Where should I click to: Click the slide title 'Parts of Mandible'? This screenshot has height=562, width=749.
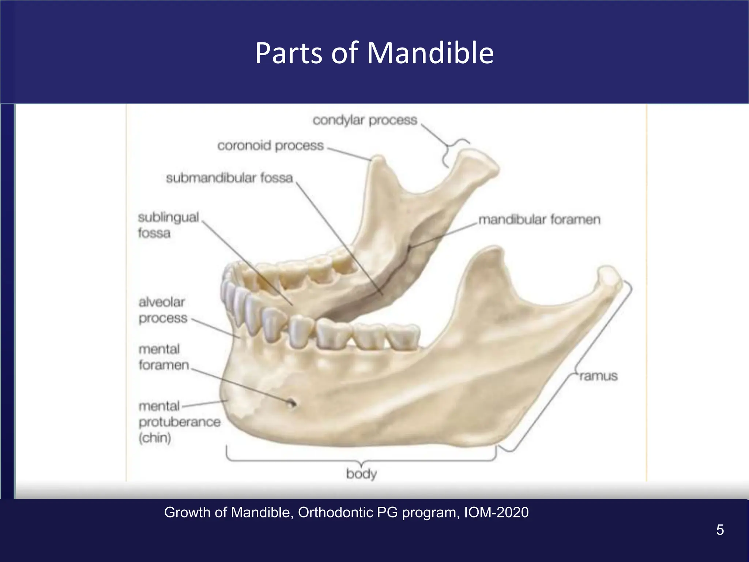point(374,53)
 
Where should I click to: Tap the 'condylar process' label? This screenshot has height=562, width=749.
point(365,120)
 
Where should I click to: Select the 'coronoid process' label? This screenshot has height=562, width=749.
point(270,146)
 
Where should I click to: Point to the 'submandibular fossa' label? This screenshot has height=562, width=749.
point(229,178)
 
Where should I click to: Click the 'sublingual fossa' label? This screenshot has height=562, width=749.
point(168,225)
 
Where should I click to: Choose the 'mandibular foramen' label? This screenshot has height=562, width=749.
point(539,220)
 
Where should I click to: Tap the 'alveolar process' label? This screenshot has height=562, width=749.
point(162,310)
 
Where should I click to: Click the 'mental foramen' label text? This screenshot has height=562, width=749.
point(163,357)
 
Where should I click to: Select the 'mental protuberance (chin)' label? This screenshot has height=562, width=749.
point(179,422)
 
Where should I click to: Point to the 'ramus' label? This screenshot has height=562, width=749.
point(598,376)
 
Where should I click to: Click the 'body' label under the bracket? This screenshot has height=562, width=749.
point(361,474)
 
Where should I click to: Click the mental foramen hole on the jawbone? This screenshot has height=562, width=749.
point(291,403)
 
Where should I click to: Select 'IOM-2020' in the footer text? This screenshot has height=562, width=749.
point(496,513)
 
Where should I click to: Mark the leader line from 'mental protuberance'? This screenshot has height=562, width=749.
point(205,403)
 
